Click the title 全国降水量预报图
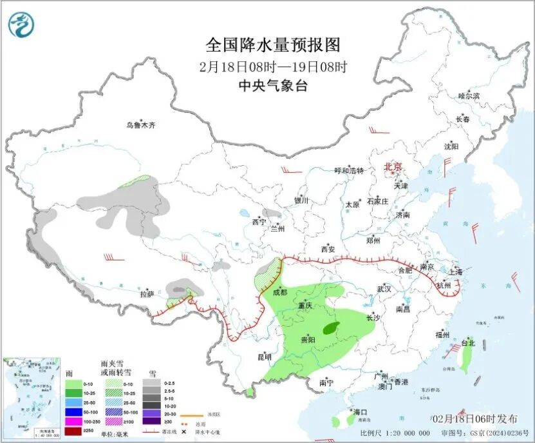tap(272, 45)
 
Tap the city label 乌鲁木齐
tap(140, 125)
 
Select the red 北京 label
tap(393, 167)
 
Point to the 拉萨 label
tap(147, 294)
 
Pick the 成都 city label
tap(279, 291)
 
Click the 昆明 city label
tap(265, 356)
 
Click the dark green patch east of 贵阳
tap(332, 328)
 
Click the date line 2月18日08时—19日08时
tap(272, 66)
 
